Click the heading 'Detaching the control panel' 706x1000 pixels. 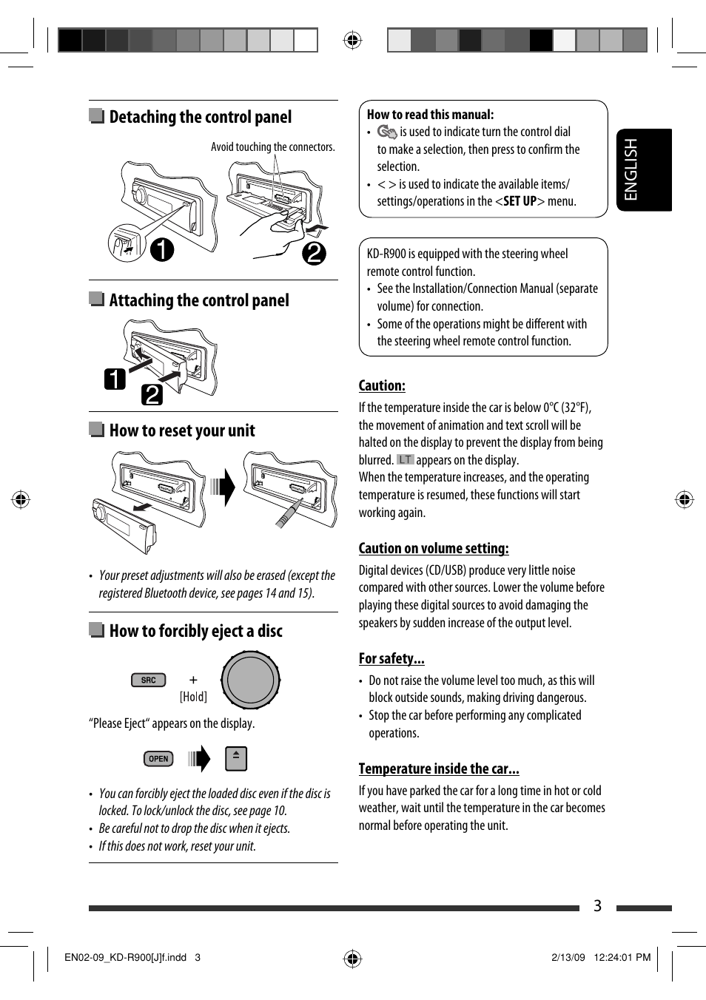click(x=200, y=117)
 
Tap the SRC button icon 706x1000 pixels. click(x=148, y=680)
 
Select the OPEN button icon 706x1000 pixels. click(x=158, y=759)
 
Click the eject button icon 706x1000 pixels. click(x=235, y=758)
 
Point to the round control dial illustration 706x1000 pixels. click(x=250, y=680)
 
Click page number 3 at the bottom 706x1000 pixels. click(x=597, y=906)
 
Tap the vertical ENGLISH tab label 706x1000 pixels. click(x=631, y=169)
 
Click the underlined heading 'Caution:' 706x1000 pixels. click(x=382, y=385)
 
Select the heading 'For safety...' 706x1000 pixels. click(x=391, y=658)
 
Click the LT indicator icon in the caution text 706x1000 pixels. click(x=405, y=459)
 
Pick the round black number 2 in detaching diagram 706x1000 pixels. click(x=314, y=254)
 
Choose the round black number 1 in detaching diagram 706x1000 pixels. click(x=162, y=249)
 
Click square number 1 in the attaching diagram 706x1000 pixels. click(x=115, y=379)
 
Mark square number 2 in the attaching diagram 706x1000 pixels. click(x=152, y=395)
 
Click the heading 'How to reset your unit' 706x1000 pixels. click(x=182, y=430)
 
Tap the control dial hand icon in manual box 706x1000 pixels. click(x=387, y=132)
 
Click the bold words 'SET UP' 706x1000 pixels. click(x=520, y=201)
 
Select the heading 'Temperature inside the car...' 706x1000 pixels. click(x=439, y=768)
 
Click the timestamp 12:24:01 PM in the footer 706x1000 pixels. click(x=622, y=957)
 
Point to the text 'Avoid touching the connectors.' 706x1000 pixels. click(x=272, y=147)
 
